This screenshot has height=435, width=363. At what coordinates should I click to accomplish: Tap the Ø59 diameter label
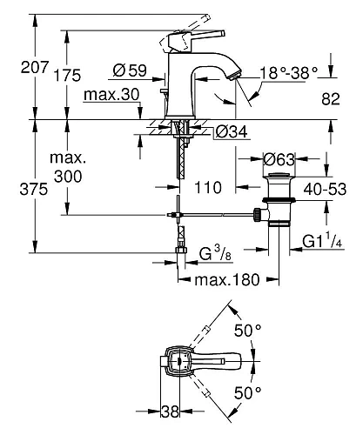pos(128,69)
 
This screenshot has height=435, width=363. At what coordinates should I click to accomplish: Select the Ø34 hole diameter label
pos(225,133)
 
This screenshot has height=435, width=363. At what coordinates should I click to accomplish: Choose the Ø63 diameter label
pos(277,159)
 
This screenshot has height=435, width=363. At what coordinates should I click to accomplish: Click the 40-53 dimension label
pos(332,186)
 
